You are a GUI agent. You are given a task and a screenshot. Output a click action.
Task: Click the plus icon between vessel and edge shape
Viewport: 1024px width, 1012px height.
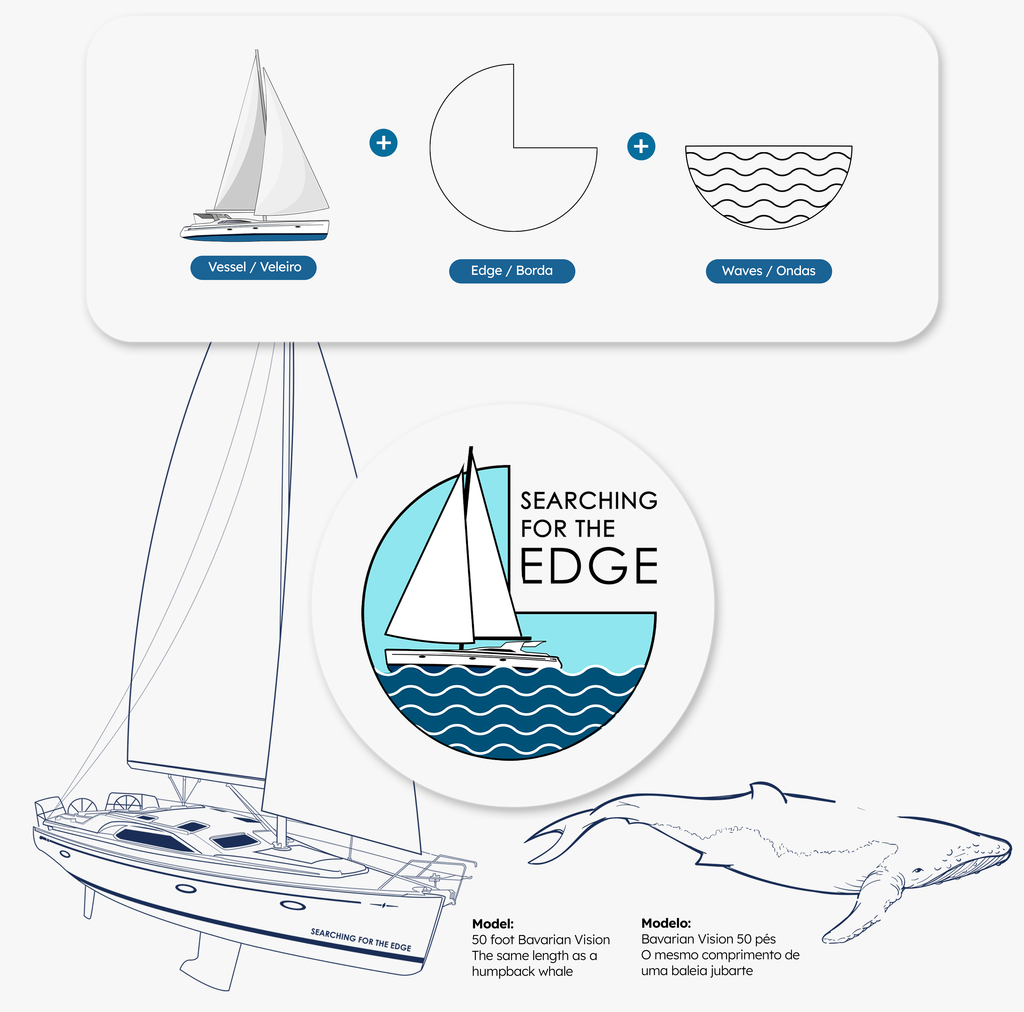(x=383, y=143)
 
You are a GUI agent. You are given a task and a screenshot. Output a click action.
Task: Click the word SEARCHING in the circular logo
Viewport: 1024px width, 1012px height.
(x=588, y=501)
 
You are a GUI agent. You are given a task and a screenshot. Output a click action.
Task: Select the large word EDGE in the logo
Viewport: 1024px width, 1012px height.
(x=588, y=566)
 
